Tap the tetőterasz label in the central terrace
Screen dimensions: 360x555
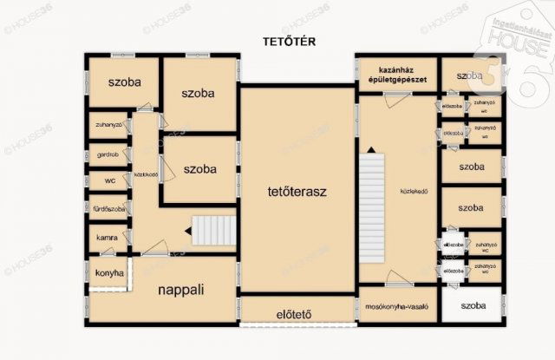297,187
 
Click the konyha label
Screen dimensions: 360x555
109,273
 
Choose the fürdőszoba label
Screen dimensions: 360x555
109,209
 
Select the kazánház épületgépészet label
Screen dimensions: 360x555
395,75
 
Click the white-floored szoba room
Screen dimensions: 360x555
472,305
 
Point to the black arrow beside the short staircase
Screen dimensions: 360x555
186,231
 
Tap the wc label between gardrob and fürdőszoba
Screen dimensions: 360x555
109,181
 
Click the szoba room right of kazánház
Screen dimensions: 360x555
471,76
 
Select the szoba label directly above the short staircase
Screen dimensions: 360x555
199,169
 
